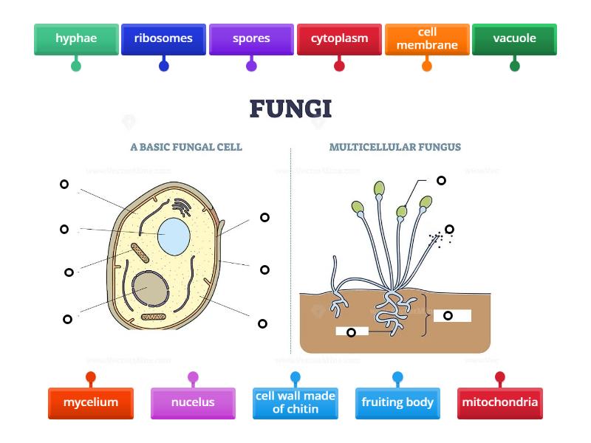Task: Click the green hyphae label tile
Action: pyautogui.click(x=76, y=38)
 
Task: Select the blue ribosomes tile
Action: pyautogui.click(x=163, y=38)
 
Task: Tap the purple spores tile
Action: pyautogui.click(x=251, y=38)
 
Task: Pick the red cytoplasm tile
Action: pyautogui.click(x=339, y=38)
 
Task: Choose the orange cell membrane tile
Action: pyautogui.click(x=427, y=38)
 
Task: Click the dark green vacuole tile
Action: pyautogui.click(x=514, y=38)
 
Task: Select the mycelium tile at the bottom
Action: pyautogui.click(x=91, y=403)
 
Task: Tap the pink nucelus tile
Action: pyautogui.click(x=193, y=403)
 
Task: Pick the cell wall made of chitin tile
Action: pyautogui.click(x=295, y=403)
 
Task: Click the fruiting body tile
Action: pyautogui.click(x=397, y=403)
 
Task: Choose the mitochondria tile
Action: pyautogui.click(x=500, y=403)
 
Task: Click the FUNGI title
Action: pyautogui.click(x=290, y=109)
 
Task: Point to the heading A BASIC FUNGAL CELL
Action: pyautogui.click(x=186, y=147)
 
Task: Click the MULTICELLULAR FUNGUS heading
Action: pyautogui.click(x=394, y=147)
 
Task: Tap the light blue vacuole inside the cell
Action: pyautogui.click(x=174, y=236)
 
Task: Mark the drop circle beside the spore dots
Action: pyautogui.click(x=449, y=229)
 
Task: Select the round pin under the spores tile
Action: pyautogui.click(x=251, y=66)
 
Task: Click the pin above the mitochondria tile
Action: pyautogui.click(x=500, y=377)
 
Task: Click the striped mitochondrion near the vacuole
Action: pyautogui.click(x=140, y=253)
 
